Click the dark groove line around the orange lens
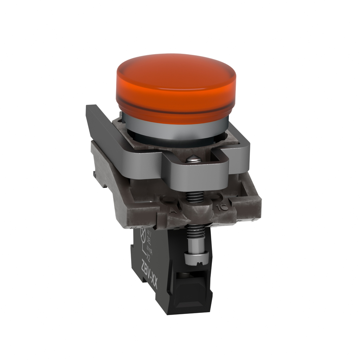(x=176, y=111)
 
